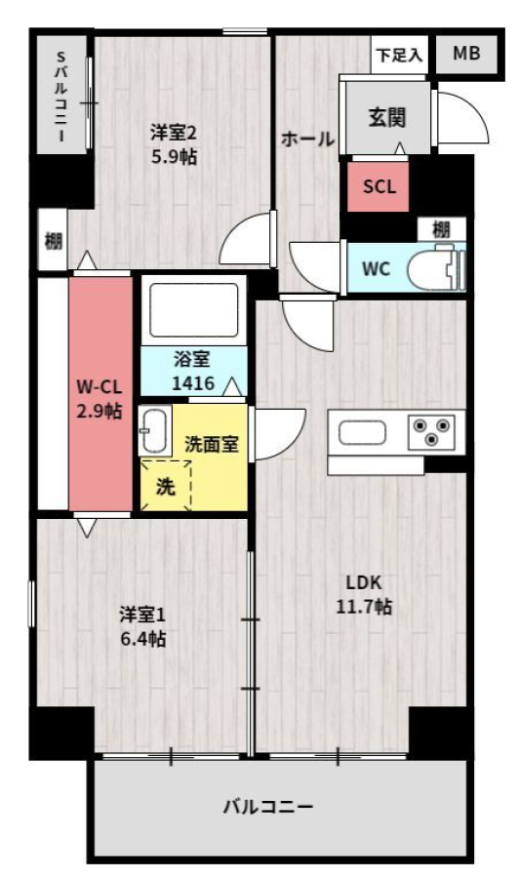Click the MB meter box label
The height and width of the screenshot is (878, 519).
click(466, 54)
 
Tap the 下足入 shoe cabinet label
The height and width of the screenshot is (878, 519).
click(399, 55)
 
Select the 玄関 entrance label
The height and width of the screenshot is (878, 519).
click(387, 118)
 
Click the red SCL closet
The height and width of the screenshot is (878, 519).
click(378, 186)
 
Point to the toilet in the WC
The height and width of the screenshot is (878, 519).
click(436, 270)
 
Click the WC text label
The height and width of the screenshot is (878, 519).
click(376, 269)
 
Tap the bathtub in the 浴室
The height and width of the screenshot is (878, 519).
click(194, 310)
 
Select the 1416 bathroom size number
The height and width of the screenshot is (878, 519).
click(193, 383)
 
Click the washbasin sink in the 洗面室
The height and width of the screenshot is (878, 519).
click(153, 431)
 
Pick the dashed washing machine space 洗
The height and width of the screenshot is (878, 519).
click(165, 486)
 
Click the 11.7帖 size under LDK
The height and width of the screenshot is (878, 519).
click(363, 607)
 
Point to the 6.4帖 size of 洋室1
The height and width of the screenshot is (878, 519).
click(143, 638)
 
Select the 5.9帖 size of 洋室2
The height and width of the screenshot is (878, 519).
click(174, 157)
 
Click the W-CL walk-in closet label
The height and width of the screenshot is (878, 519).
click(100, 387)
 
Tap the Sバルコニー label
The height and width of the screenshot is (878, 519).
click(61, 96)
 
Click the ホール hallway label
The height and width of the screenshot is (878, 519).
click(307, 139)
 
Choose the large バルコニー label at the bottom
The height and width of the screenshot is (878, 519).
click(268, 807)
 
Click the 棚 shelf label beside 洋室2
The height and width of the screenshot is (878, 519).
click(54, 242)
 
